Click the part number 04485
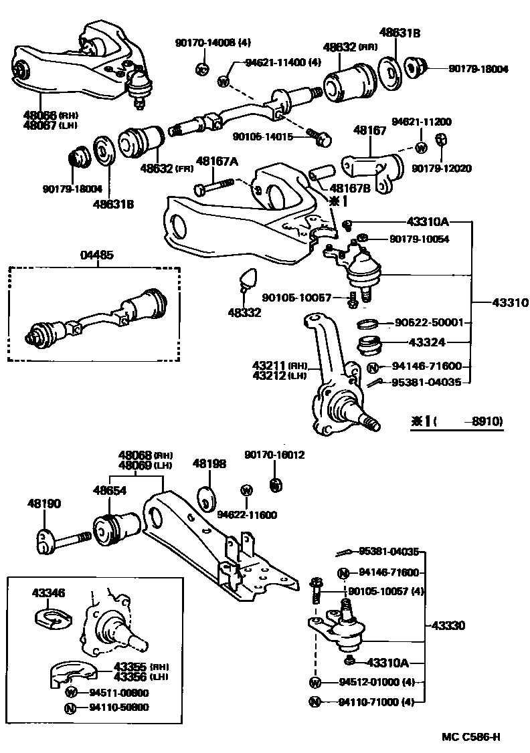[97, 255]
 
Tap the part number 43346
[49, 592]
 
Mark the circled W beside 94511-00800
[72, 693]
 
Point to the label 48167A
[216, 161]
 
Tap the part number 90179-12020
[441, 169]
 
